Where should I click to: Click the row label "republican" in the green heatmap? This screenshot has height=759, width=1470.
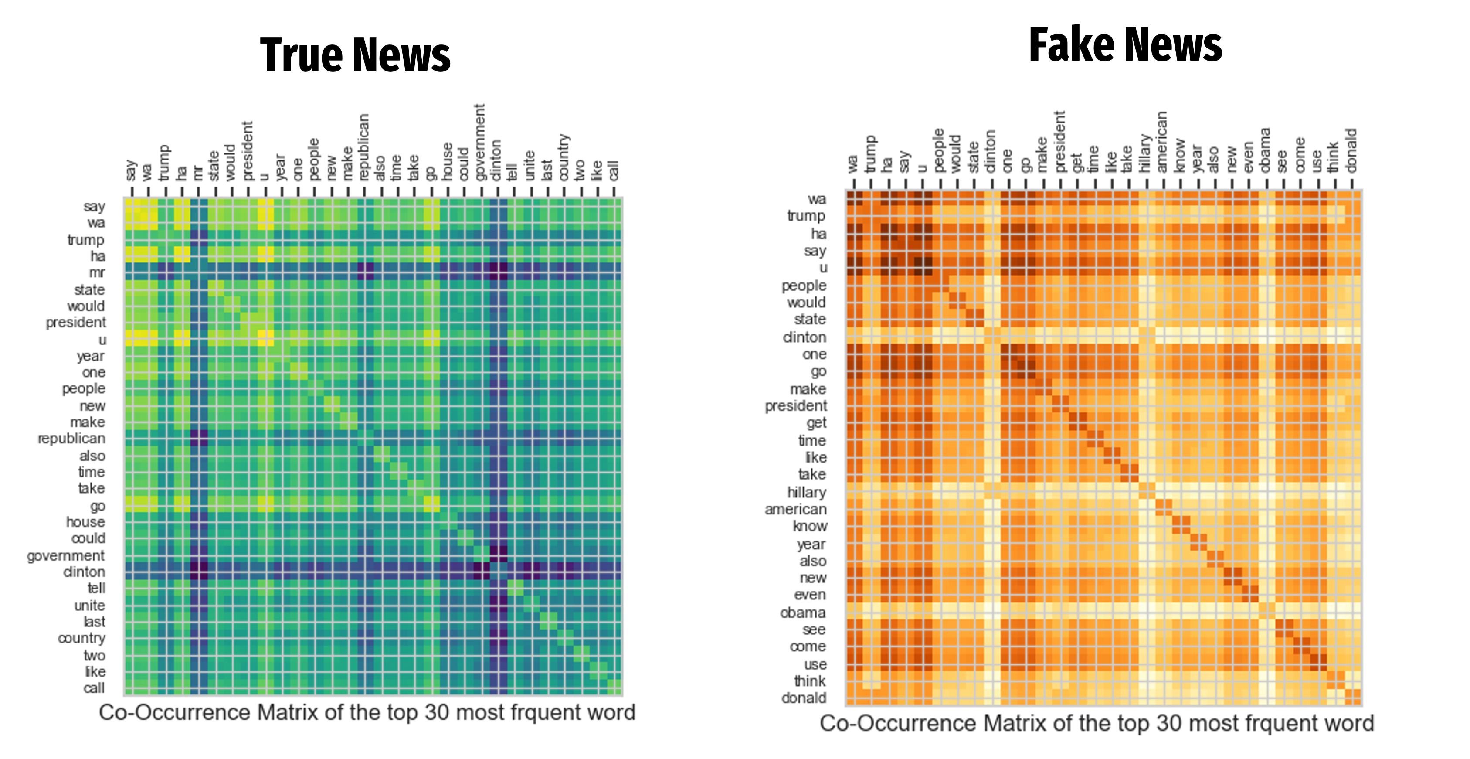(x=71, y=438)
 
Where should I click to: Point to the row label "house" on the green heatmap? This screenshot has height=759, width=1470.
(x=85, y=521)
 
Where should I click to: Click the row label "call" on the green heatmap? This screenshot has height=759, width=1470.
(x=94, y=688)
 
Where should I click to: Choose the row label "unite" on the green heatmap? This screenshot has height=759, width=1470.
(x=90, y=605)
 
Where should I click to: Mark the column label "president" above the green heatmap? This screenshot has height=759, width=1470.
(x=247, y=151)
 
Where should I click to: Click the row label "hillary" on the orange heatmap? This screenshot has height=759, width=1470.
(x=806, y=492)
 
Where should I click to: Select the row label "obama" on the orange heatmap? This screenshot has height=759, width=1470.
(x=803, y=613)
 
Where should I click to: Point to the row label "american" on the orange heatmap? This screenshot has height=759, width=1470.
(x=795, y=509)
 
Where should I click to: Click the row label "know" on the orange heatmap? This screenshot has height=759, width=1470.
(x=810, y=526)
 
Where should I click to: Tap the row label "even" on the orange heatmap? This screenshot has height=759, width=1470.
(x=810, y=595)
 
